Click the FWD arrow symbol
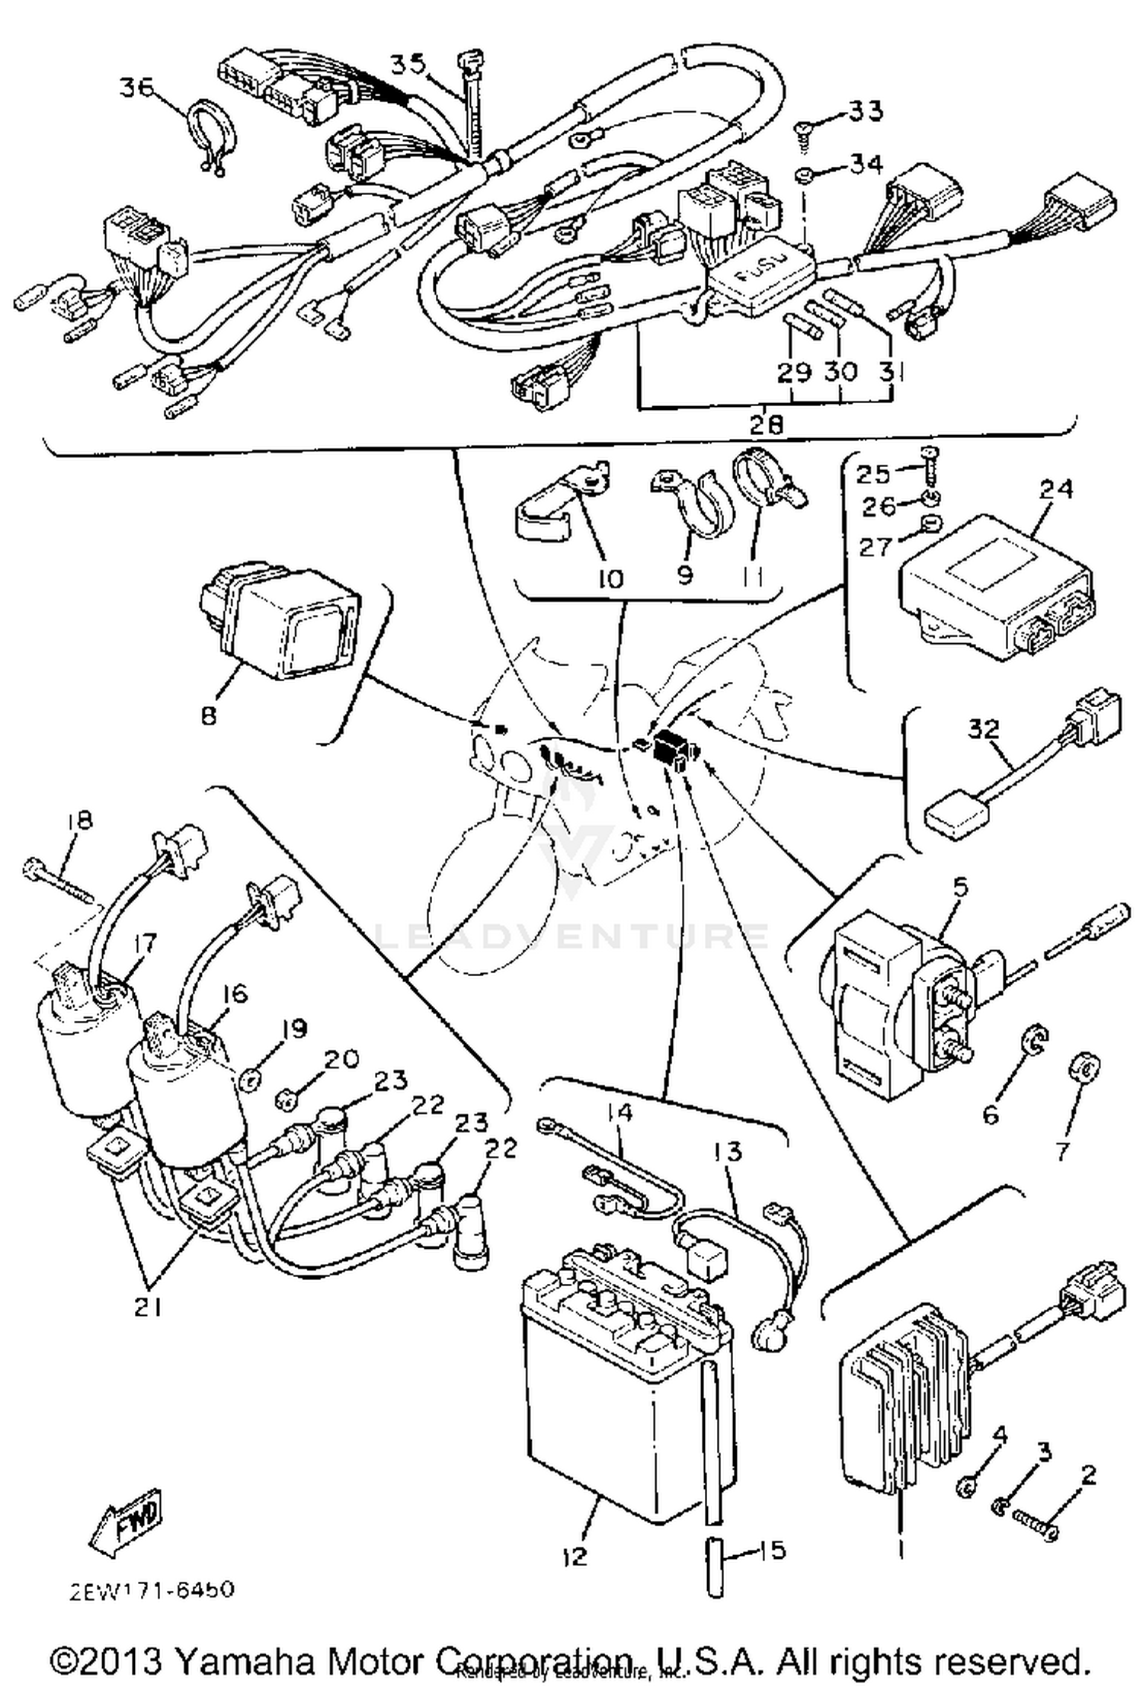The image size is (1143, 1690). (x=128, y=1521)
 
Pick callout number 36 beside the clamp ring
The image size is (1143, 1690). (x=138, y=88)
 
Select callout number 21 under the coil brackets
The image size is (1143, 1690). (x=147, y=1306)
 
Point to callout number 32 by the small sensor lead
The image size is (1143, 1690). (x=983, y=729)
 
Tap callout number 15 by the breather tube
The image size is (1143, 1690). (x=772, y=1550)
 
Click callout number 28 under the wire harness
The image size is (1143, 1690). (x=765, y=424)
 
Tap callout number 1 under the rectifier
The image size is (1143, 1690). (x=899, y=1549)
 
